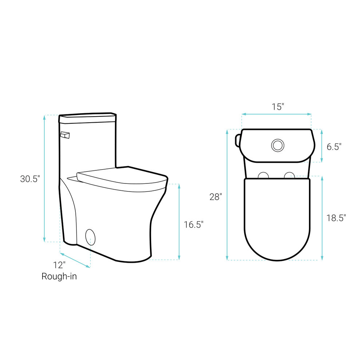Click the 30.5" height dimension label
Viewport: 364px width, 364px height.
coord(30,179)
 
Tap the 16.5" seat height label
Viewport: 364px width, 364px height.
coord(194,225)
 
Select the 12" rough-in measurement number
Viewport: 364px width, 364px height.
coord(59,265)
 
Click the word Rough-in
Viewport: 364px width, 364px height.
coord(59,276)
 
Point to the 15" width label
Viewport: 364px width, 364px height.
coord(278,107)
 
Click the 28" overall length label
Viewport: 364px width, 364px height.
coord(215,197)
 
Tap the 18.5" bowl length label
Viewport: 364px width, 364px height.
coord(336,218)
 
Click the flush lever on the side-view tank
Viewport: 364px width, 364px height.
coord(65,135)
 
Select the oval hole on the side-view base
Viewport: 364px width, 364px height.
coord(90,237)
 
